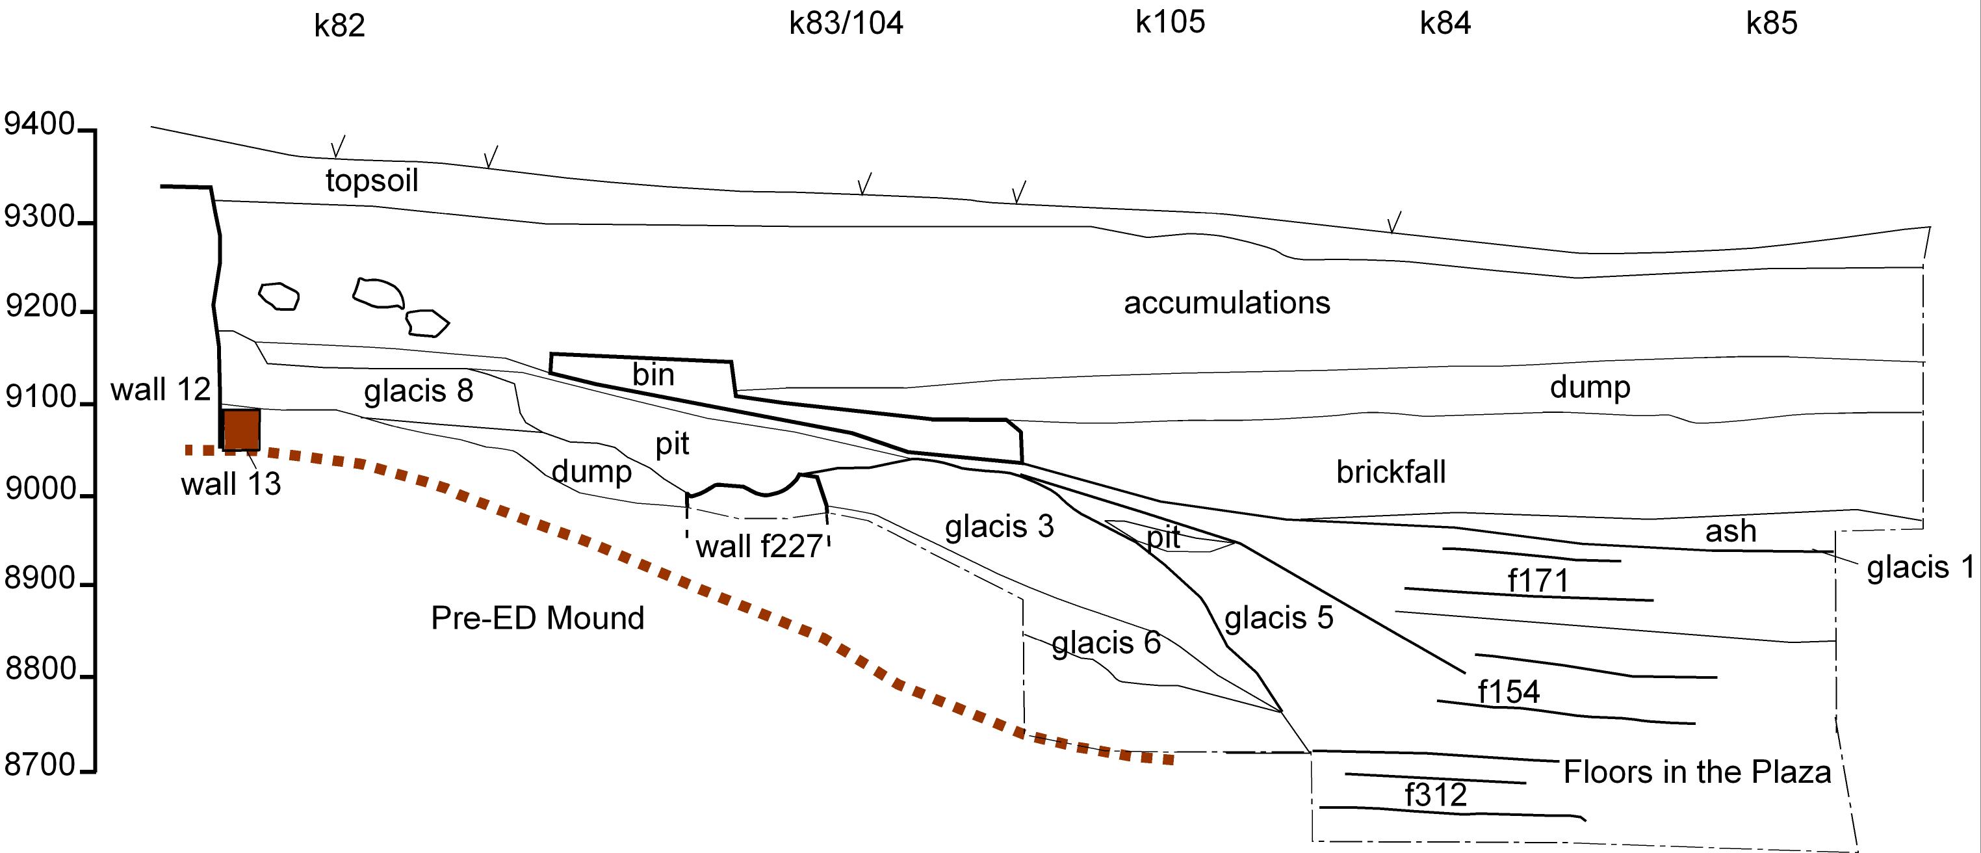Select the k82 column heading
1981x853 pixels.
coord(339,25)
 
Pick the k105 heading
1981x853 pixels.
coord(1170,22)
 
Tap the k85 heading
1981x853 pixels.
coord(1771,24)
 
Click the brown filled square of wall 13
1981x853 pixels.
coord(242,429)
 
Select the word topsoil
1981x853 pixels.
coord(372,181)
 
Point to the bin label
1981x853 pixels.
coord(653,374)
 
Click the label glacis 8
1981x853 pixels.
coord(419,391)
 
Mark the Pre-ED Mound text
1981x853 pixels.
coord(537,618)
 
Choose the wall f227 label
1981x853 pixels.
coord(759,547)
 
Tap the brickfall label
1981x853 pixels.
coord(1390,471)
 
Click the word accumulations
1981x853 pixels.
coord(1226,303)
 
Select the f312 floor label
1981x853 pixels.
coord(1435,794)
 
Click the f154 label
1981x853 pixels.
coord(1508,692)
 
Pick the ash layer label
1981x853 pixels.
coord(1730,531)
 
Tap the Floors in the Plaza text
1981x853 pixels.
coord(1696,772)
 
